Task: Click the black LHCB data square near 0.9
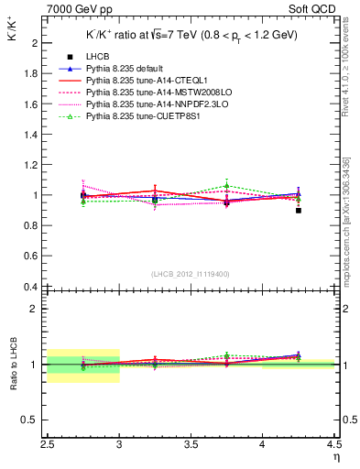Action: (x=299, y=211)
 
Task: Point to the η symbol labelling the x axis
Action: (x=336, y=456)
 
